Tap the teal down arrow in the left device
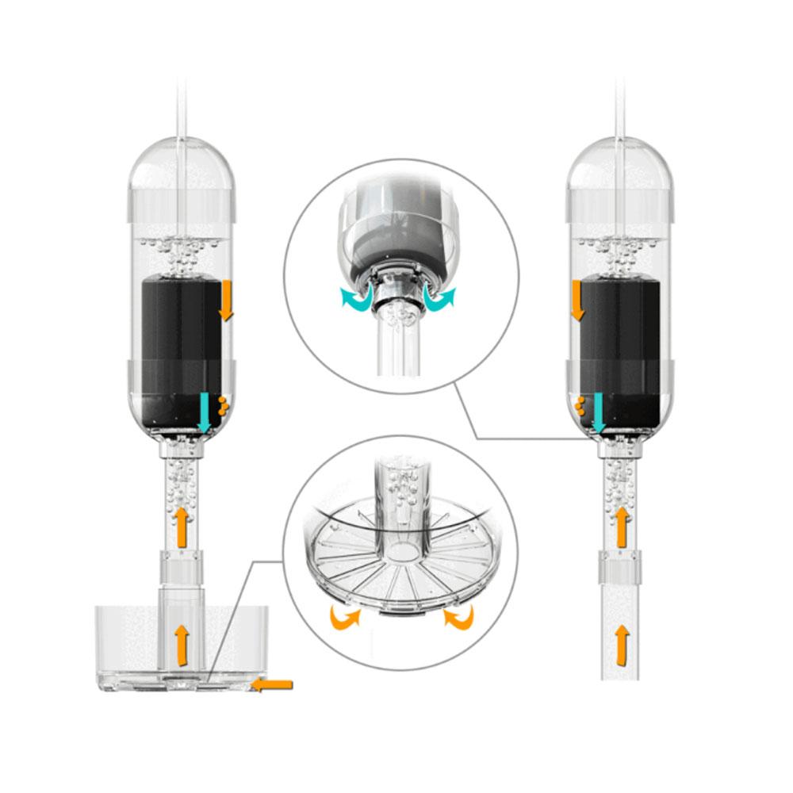(x=205, y=412)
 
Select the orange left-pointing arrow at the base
(x=273, y=684)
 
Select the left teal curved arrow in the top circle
(x=354, y=297)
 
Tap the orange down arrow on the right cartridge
(x=577, y=300)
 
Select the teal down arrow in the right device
(x=599, y=412)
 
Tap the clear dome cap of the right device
(x=620, y=170)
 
